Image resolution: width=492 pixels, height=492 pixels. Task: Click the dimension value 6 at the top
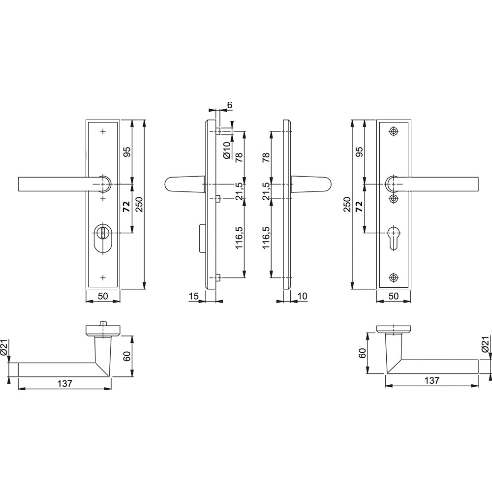click(x=230, y=105)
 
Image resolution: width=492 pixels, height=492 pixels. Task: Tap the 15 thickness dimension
click(x=194, y=296)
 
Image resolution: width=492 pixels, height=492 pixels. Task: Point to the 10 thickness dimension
click(x=302, y=296)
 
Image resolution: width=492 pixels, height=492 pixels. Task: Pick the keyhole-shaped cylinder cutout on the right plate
click(x=393, y=238)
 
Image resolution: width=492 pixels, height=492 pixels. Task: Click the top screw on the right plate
click(x=393, y=131)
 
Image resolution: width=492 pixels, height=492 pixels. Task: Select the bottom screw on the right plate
click(x=393, y=277)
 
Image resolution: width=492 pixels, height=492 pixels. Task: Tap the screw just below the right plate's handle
click(x=393, y=199)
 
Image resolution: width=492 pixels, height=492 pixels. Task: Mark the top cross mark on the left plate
click(x=103, y=131)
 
